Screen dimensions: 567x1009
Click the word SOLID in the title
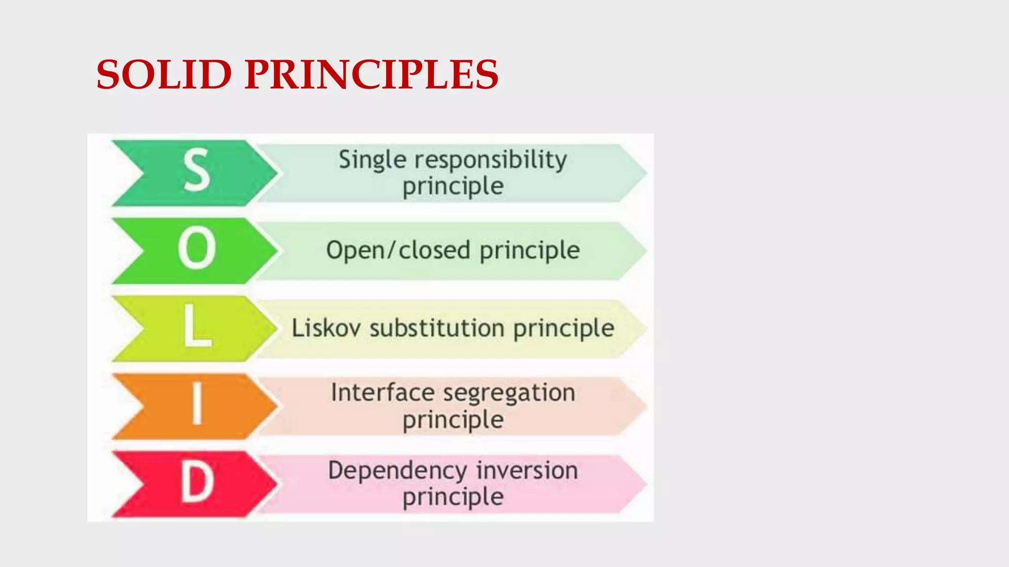pyautogui.click(x=164, y=74)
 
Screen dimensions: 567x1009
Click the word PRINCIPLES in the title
pyautogui.click(x=371, y=74)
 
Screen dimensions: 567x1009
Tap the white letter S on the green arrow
pyautogui.click(x=197, y=171)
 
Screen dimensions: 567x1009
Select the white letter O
pyautogui.click(x=197, y=249)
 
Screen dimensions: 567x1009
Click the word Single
pyautogui.click(x=372, y=160)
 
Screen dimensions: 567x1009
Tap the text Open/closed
pyautogui.click(x=398, y=251)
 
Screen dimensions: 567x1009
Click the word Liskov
pyautogui.click(x=326, y=328)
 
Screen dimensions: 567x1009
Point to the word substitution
pyautogui.click(x=437, y=328)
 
